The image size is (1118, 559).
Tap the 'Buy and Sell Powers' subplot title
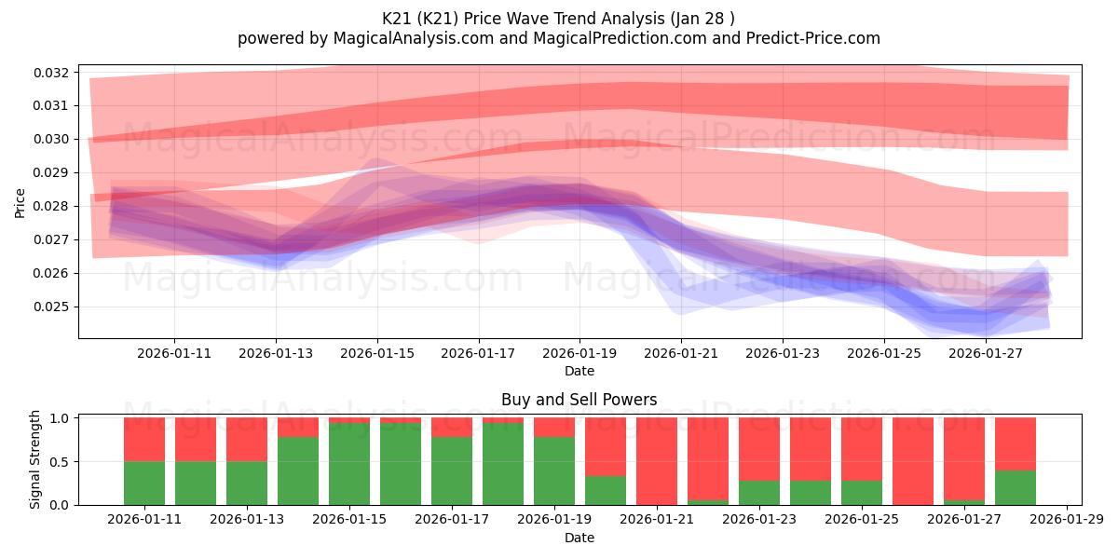579,400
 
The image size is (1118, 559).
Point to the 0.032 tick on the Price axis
52,73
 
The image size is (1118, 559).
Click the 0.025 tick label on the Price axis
52,307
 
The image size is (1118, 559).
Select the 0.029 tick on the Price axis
52,172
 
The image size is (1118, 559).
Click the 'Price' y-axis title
20,202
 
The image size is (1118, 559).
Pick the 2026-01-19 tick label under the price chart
579,354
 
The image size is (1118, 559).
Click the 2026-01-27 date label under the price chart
986,354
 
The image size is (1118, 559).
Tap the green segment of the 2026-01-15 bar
349,464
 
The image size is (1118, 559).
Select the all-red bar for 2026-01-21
657,461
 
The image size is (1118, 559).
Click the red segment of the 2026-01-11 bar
144,439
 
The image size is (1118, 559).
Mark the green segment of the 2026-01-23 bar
759,493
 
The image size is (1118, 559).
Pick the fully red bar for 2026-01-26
913,461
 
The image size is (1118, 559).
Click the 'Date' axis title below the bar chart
579,538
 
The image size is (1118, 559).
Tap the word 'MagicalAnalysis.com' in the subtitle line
382,38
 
